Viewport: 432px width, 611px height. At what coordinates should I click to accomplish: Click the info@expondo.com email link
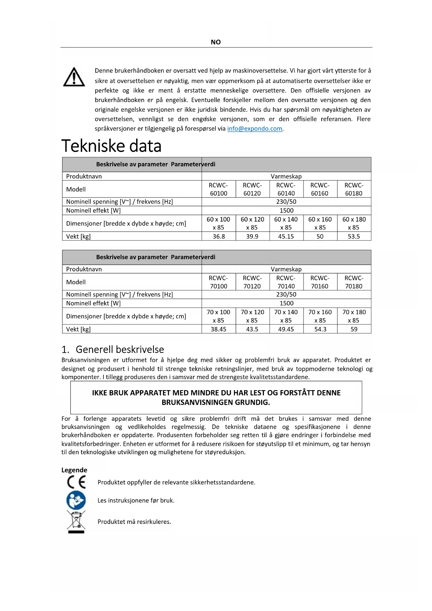coord(254,129)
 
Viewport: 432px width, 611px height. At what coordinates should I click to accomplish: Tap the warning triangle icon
coord(74,77)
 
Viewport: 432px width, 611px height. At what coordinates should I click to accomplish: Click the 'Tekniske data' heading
coord(111,146)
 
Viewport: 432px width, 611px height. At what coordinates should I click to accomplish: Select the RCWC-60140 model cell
coord(286,189)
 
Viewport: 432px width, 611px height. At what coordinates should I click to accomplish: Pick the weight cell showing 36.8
coord(219,237)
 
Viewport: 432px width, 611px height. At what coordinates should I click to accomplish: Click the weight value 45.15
coord(286,237)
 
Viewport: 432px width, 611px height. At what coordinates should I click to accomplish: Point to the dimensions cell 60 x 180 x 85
coord(354,223)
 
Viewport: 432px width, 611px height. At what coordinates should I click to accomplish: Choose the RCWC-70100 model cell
coord(219,282)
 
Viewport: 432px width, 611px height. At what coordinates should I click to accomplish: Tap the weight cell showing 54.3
coord(320,329)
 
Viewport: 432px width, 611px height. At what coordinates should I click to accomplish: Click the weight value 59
coord(354,329)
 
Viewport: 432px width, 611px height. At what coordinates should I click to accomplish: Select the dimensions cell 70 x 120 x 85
coord(252,316)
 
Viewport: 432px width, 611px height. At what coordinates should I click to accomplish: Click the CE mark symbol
coord(76,482)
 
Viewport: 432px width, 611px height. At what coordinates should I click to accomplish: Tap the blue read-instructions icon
coord(76,500)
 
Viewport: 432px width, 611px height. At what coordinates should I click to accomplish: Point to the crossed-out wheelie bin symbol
coord(76,521)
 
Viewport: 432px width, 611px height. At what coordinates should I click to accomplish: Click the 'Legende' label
coord(74,470)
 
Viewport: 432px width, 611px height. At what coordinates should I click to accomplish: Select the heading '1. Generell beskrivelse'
coord(113,349)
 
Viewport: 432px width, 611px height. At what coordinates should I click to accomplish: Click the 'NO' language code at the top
coord(216,42)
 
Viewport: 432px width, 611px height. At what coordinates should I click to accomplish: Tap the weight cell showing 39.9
coord(252,237)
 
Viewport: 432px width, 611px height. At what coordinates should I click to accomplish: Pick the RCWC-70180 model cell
coord(354,282)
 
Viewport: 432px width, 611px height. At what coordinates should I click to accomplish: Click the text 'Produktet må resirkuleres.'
coord(134,522)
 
